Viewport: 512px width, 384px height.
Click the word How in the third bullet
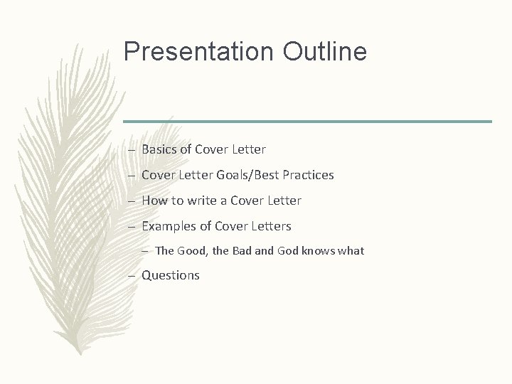click(154, 201)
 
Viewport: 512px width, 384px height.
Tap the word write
click(201, 201)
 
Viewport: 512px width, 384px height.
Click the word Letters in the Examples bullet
click(270, 226)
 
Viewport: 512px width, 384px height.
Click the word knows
click(321, 250)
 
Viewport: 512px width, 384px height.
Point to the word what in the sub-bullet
click(353, 250)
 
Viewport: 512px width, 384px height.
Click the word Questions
click(171, 275)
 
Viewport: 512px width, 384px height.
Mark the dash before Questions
click(133, 276)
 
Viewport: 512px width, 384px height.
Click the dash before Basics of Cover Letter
click(133, 150)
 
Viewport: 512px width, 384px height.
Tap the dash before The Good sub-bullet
click(146, 251)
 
